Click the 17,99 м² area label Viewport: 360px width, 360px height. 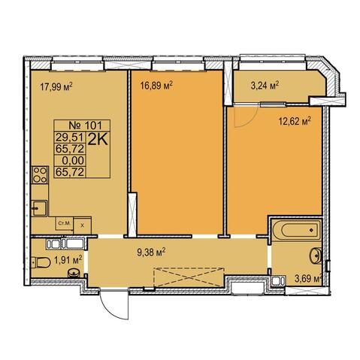tap(56, 87)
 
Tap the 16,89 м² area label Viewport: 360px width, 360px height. tap(157, 86)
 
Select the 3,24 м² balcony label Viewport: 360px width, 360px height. tap(265, 86)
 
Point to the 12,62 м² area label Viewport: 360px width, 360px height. tap(295, 122)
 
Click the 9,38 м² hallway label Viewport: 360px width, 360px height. tap(151, 253)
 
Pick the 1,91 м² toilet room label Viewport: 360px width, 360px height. tap(68, 260)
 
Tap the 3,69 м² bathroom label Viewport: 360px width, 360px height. tap(308, 279)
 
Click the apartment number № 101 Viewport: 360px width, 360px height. tap(85, 125)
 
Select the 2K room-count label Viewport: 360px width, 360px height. tap(98, 140)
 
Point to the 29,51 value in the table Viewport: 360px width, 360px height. tap(69, 138)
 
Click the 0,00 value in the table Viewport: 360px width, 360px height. tap(73, 160)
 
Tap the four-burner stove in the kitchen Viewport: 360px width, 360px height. tap(40, 175)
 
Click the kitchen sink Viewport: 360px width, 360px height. tap(39, 208)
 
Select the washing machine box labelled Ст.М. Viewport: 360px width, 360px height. tap(65, 224)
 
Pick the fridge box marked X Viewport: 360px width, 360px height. tap(82, 225)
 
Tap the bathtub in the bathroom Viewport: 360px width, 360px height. tap(297, 230)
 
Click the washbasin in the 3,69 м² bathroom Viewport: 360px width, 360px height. tap(315, 256)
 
